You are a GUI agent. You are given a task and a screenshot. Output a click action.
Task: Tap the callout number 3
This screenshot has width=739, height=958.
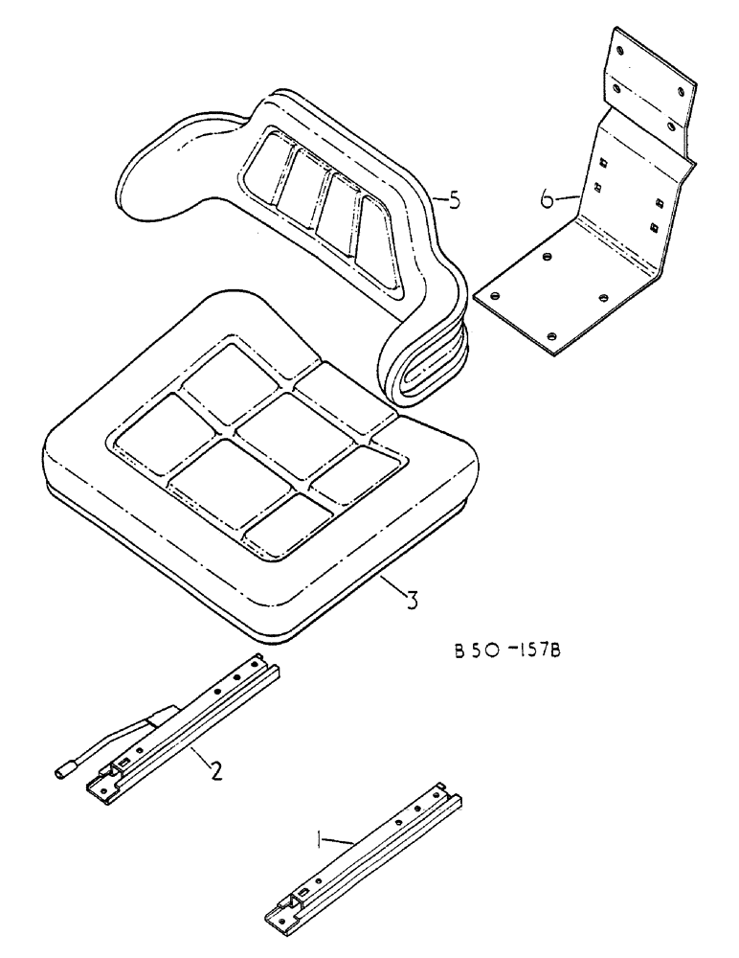(410, 601)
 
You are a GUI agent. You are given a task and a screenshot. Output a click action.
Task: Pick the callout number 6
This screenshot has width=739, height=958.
(546, 199)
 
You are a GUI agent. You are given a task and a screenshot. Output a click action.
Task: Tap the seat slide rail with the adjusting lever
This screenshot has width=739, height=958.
(191, 728)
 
